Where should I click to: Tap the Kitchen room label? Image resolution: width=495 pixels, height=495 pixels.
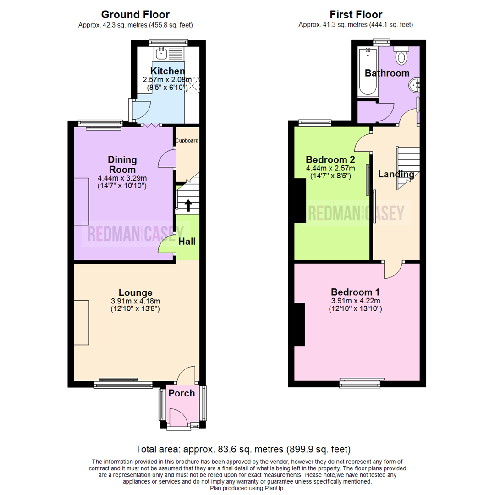pos(168,71)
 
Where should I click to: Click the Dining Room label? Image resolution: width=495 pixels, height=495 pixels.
pos(122,165)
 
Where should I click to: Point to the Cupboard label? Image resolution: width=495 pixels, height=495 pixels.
pos(188,141)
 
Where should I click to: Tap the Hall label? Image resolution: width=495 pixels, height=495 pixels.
pos(187,241)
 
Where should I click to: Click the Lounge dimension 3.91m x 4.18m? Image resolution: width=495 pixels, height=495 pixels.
pos(135,301)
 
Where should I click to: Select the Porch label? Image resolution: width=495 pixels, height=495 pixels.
pos(181,393)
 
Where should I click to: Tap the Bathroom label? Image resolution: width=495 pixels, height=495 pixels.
pos(387,73)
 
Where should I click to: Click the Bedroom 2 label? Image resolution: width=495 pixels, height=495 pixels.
pos(330,160)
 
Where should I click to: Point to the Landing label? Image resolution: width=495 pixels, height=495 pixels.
pos(396,174)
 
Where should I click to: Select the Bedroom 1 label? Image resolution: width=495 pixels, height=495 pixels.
pos(355,292)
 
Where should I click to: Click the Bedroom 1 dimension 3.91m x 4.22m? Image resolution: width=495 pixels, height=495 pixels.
pos(355,301)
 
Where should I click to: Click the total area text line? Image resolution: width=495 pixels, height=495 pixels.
pos(243,449)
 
